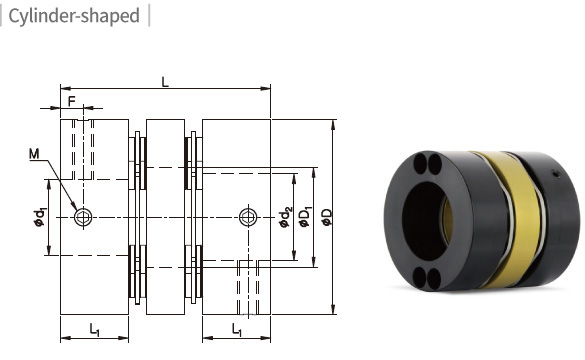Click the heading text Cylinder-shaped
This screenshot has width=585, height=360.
point(74,16)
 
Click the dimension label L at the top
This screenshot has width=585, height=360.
point(165,82)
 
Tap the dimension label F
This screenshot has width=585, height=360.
point(72,101)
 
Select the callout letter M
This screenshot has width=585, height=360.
point(34,154)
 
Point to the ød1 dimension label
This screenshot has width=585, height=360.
point(39,217)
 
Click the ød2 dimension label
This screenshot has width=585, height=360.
point(285,217)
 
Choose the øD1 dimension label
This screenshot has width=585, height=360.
point(305,217)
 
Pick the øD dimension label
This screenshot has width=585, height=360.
point(327,217)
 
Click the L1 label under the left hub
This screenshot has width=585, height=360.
point(94,329)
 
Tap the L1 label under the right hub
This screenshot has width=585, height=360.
point(237,329)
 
